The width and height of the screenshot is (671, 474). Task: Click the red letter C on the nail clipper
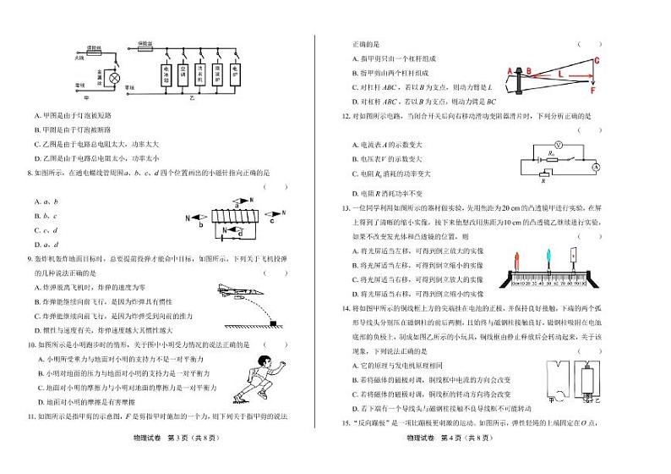click(x=597, y=60)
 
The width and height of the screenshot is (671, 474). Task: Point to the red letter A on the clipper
click(x=509, y=71)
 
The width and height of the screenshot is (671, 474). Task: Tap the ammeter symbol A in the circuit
click(x=595, y=168)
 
